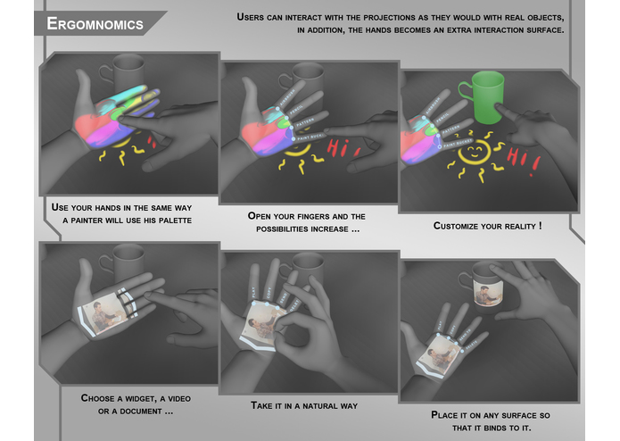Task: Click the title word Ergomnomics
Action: click(94, 24)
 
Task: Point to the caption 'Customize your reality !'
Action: click(487, 226)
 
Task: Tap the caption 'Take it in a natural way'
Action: click(304, 405)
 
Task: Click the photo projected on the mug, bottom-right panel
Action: click(484, 290)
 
